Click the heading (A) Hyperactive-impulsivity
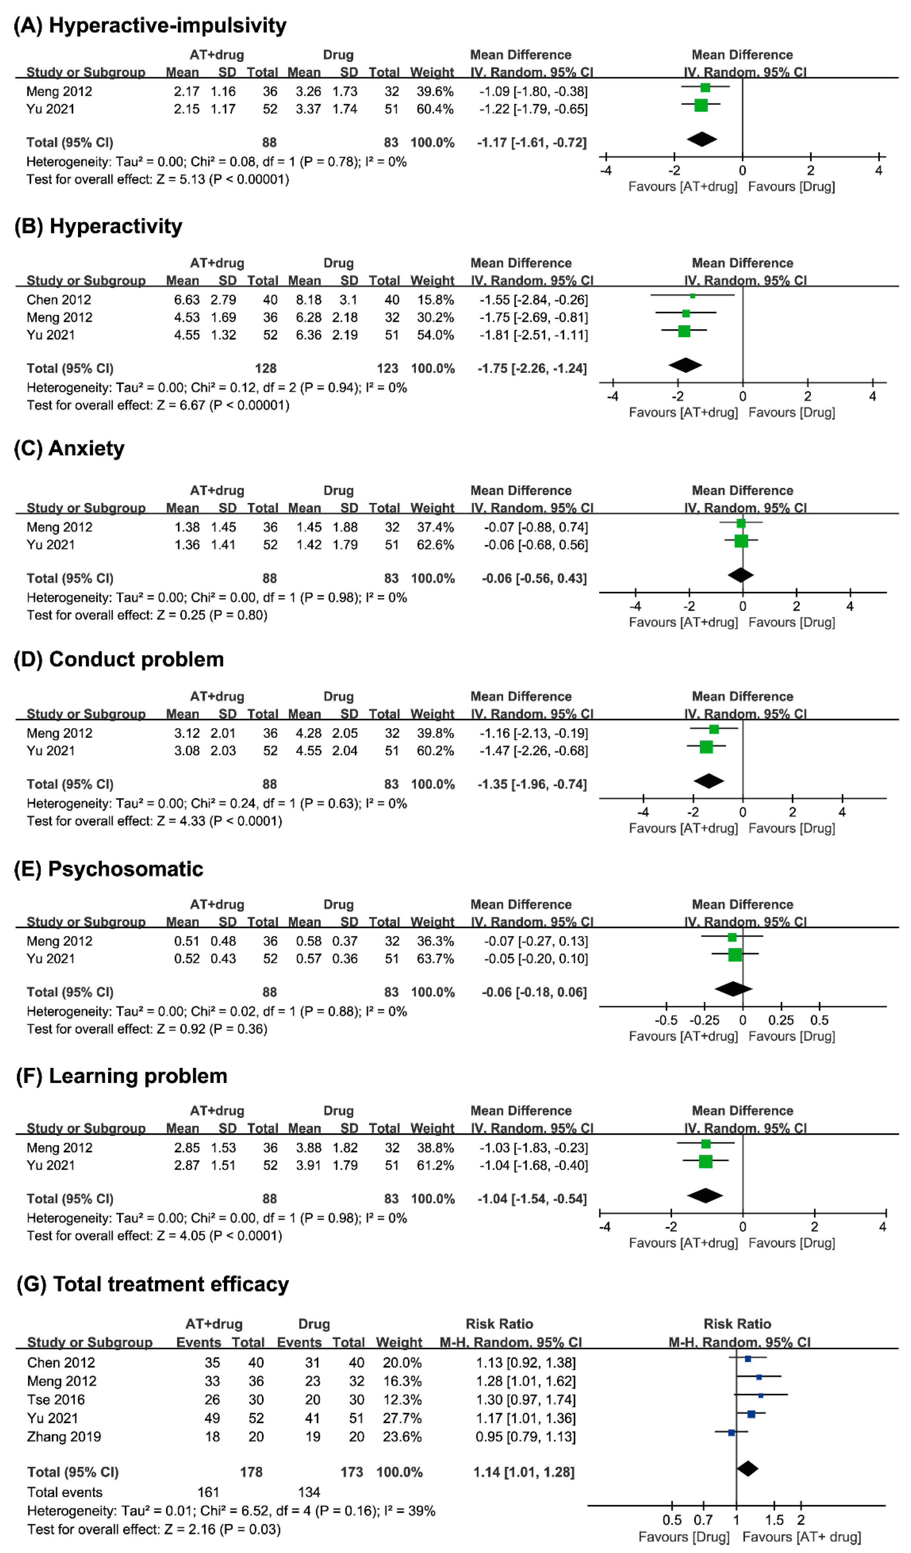(x=150, y=25)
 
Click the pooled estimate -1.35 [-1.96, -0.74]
(x=531, y=784)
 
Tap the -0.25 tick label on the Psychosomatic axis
(x=704, y=1020)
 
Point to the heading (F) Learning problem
(x=121, y=1076)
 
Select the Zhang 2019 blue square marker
(x=731, y=1433)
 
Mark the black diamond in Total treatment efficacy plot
(x=747, y=1469)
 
